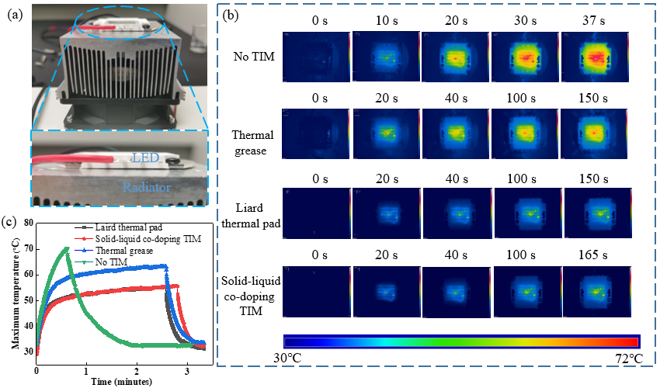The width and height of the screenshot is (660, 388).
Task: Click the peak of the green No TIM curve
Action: tap(67, 248)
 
